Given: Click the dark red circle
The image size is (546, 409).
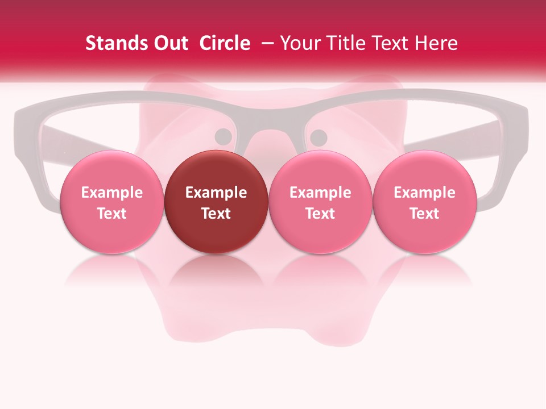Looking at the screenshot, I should pyautogui.click(x=216, y=202).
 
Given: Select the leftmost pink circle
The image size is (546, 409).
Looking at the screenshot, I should pyautogui.click(x=111, y=202).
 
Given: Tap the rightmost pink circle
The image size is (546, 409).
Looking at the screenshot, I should pyautogui.click(x=424, y=202).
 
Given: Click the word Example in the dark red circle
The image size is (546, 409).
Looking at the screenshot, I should pyautogui.click(x=216, y=193).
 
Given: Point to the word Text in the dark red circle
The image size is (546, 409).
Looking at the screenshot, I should pyautogui.click(x=216, y=214).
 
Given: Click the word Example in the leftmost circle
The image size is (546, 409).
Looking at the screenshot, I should pyautogui.click(x=111, y=193).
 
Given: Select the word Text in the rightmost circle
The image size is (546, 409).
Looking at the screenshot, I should pyautogui.click(x=424, y=214).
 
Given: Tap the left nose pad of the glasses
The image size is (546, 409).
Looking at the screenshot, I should pyautogui.click(x=224, y=136).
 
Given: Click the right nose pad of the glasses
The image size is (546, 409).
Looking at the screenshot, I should pyautogui.click(x=319, y=137).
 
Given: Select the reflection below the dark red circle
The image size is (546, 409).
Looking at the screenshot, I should pyautogui.click(x=216, y=273).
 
